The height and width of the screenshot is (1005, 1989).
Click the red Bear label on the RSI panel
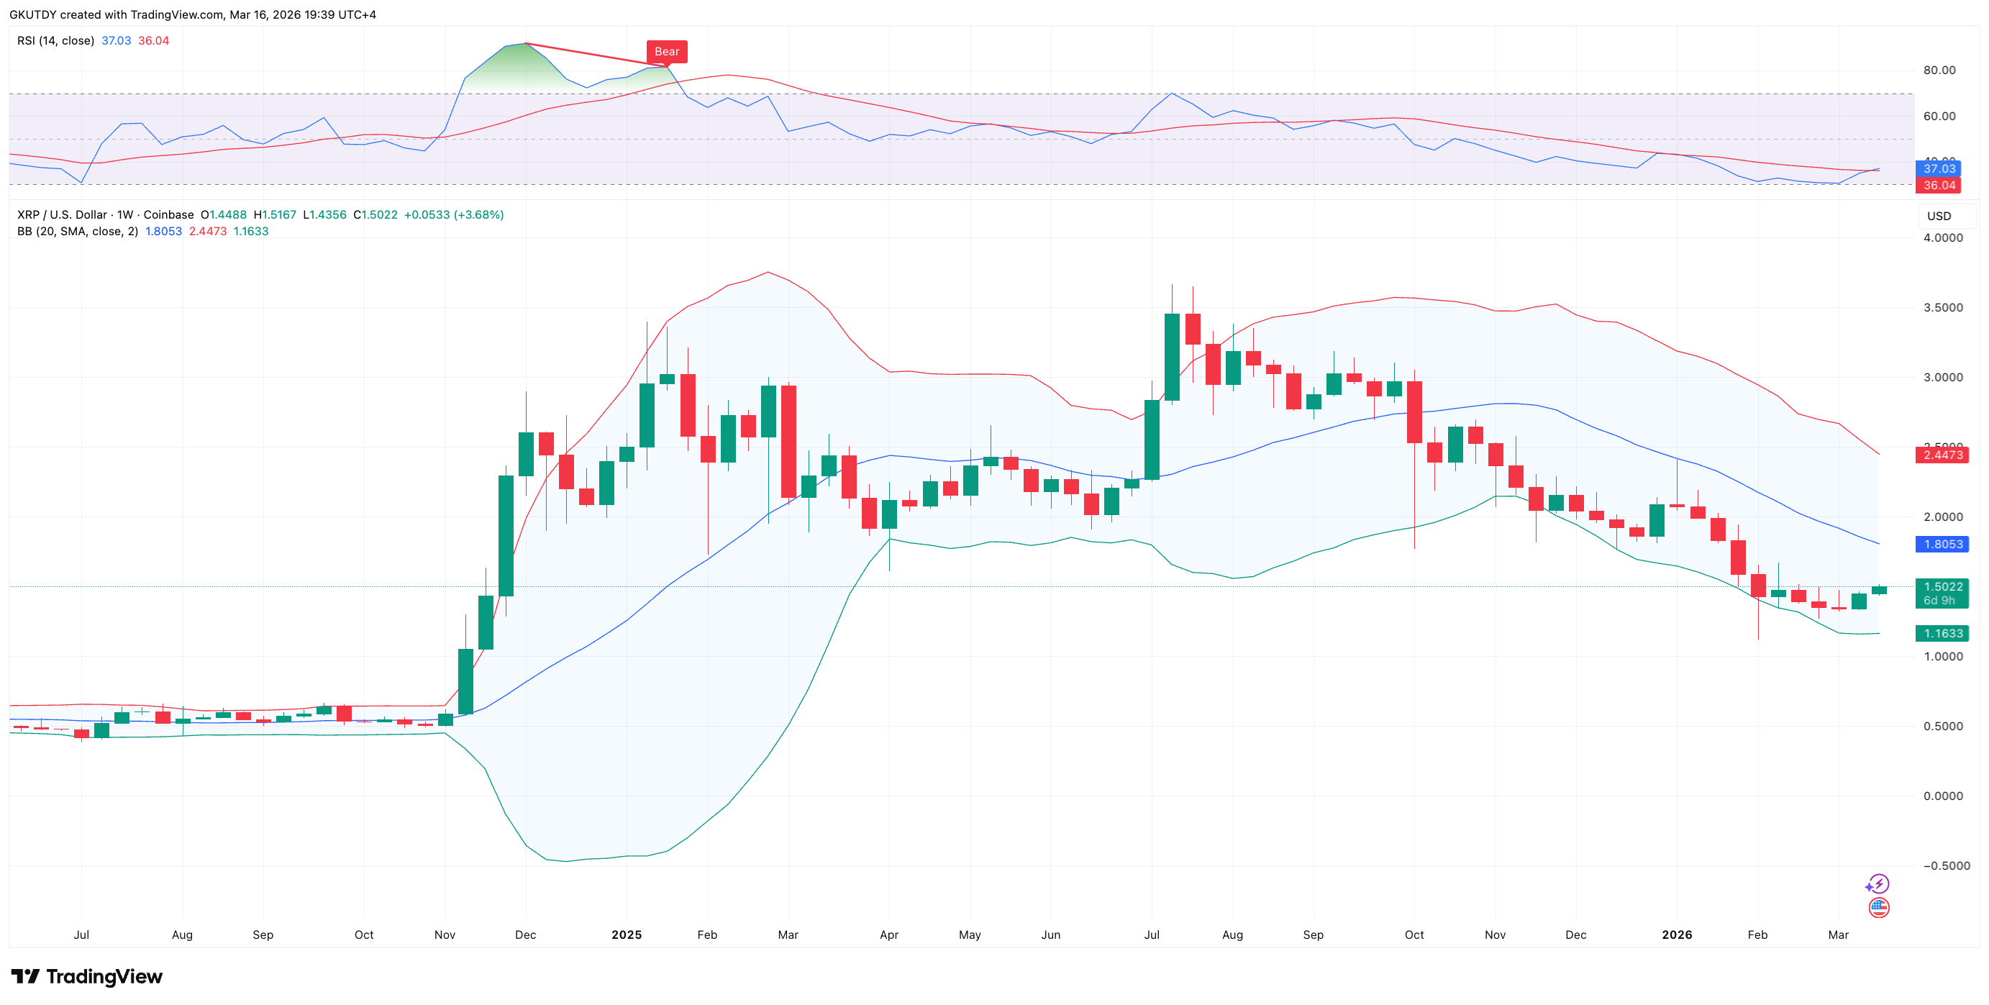pos(666,52)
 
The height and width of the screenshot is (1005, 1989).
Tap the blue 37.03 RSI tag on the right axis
pos(1939,168)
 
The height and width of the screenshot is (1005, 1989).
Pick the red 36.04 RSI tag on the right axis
pos(1939,186)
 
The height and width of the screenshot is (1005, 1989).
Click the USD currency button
pos(1938,216)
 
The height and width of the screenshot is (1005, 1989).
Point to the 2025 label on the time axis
pos(627,934)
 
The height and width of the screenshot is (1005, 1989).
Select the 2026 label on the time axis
pos(1676,934)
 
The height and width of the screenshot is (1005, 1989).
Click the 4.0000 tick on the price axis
pos(1943,237)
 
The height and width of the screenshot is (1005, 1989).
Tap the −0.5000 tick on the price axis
pos(1943,866)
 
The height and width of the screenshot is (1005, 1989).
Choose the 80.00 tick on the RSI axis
pos(1939,71)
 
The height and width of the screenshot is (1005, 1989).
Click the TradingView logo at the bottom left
pos(86,976)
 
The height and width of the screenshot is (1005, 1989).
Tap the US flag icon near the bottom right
pos(1879,908)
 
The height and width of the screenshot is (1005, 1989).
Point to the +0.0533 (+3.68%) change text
pos(453,214)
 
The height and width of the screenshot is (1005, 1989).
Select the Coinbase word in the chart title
pos(168,214)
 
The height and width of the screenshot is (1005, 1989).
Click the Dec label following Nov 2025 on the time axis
pos(1575,934)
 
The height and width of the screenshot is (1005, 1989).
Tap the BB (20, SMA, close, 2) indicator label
pos(77,232)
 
